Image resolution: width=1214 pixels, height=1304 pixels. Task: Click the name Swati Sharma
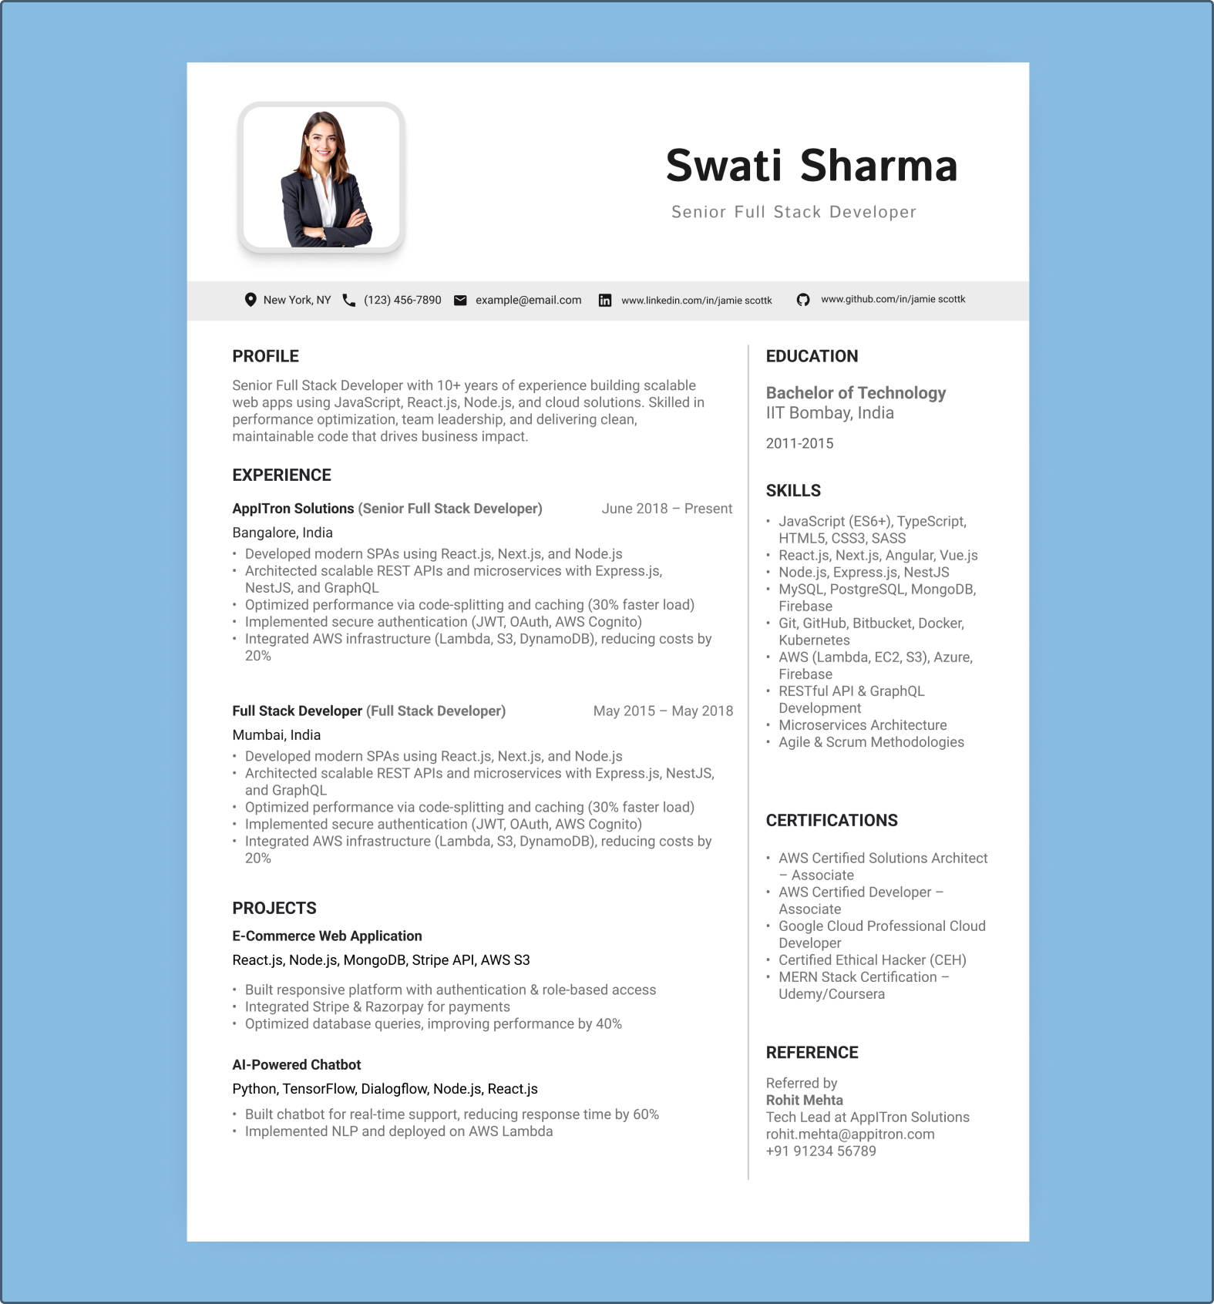[812, 166]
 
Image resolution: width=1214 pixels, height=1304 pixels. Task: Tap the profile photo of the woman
[322, 178]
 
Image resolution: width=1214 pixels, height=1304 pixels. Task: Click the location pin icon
[251, 300]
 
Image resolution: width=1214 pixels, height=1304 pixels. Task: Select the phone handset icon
[349, 300]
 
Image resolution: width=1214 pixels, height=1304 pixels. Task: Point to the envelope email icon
[460, 301]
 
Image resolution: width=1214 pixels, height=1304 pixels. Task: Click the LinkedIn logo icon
[605, 301]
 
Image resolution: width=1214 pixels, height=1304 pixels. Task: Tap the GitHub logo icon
[803, 300]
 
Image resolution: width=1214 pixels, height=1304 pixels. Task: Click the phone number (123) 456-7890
[402, 300]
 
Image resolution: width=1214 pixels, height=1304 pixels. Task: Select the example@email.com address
[528, 300]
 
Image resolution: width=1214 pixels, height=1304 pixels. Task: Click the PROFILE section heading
[265, 356]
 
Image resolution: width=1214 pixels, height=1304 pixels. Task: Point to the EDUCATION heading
[812, 356]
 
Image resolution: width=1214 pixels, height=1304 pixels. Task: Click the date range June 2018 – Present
[667, 509]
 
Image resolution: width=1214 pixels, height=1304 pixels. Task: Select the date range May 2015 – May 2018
[663, 711]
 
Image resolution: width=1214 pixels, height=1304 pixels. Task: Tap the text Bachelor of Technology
[856, 393]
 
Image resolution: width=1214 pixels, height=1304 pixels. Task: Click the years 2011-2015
[799, 443]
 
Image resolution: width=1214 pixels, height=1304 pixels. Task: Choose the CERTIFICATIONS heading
[832, 820]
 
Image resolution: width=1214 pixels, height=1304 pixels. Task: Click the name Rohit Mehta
[804, 1100]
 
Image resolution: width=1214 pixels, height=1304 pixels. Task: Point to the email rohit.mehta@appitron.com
[849, 1134]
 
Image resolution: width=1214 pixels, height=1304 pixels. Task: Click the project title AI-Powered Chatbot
[296, 1064]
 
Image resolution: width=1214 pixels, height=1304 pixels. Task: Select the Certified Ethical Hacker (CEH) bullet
[872, 960]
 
